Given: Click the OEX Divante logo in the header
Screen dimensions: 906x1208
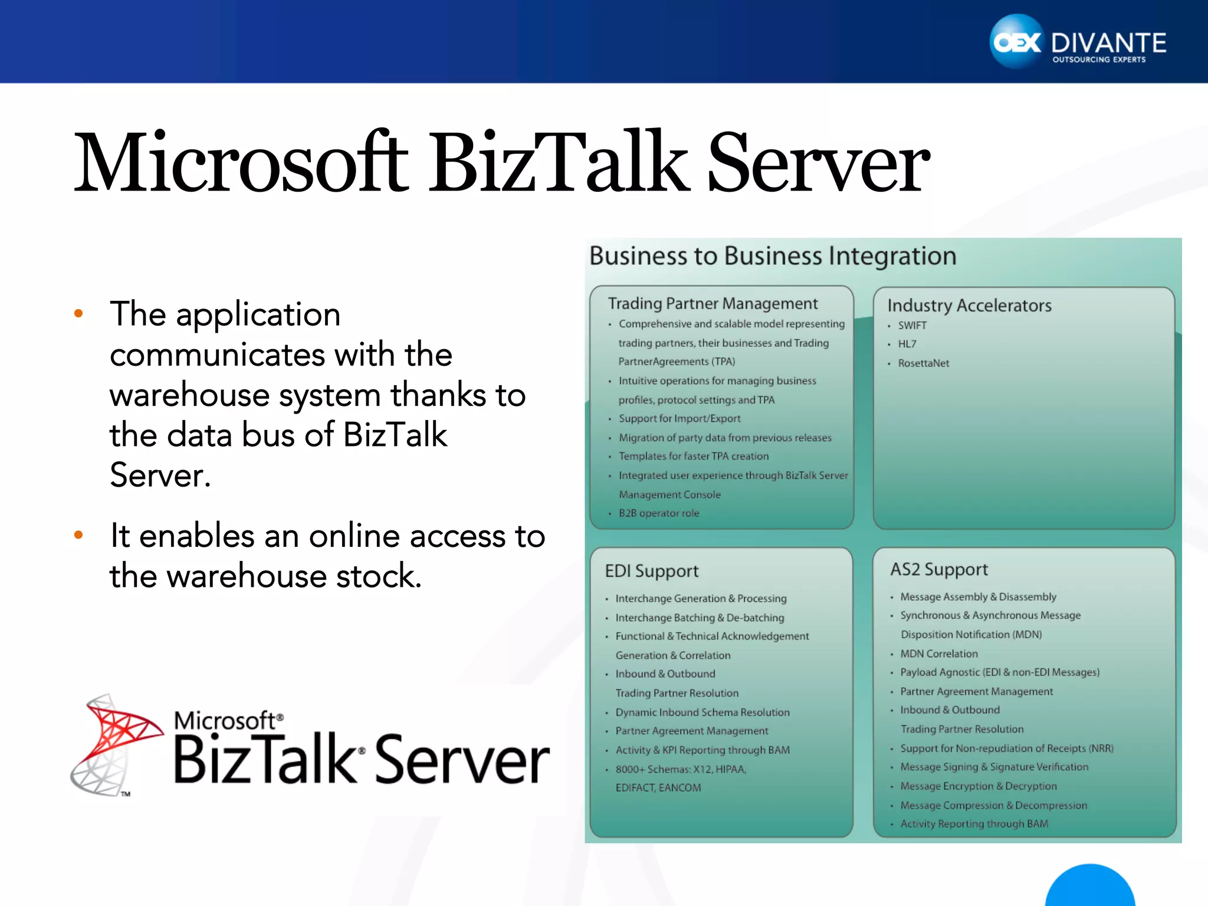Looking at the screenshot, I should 1077,42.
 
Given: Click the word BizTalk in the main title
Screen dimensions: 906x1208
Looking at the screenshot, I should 557,162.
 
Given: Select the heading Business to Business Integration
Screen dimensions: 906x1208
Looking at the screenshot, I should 772,257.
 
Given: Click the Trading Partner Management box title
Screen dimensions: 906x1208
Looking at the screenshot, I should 713,304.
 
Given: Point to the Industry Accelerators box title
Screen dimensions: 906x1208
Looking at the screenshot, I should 969,306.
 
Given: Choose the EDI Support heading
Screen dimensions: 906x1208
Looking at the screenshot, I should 651,571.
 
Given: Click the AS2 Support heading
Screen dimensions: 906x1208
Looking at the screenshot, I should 938,570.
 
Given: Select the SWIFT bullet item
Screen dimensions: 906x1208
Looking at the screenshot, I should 912,326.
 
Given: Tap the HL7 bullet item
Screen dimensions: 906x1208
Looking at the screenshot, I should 907,344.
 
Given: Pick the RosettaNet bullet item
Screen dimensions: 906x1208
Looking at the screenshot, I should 923,363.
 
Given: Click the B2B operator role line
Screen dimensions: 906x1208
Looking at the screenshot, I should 658,513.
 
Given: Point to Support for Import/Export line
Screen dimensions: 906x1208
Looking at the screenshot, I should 679,419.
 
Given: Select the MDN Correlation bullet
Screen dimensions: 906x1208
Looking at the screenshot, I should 938,654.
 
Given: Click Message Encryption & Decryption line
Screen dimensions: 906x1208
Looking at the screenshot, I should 978,786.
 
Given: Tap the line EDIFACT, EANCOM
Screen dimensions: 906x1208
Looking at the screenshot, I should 658,788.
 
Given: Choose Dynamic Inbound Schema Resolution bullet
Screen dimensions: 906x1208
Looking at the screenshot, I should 702,713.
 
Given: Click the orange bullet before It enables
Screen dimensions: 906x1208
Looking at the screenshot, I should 78,536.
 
